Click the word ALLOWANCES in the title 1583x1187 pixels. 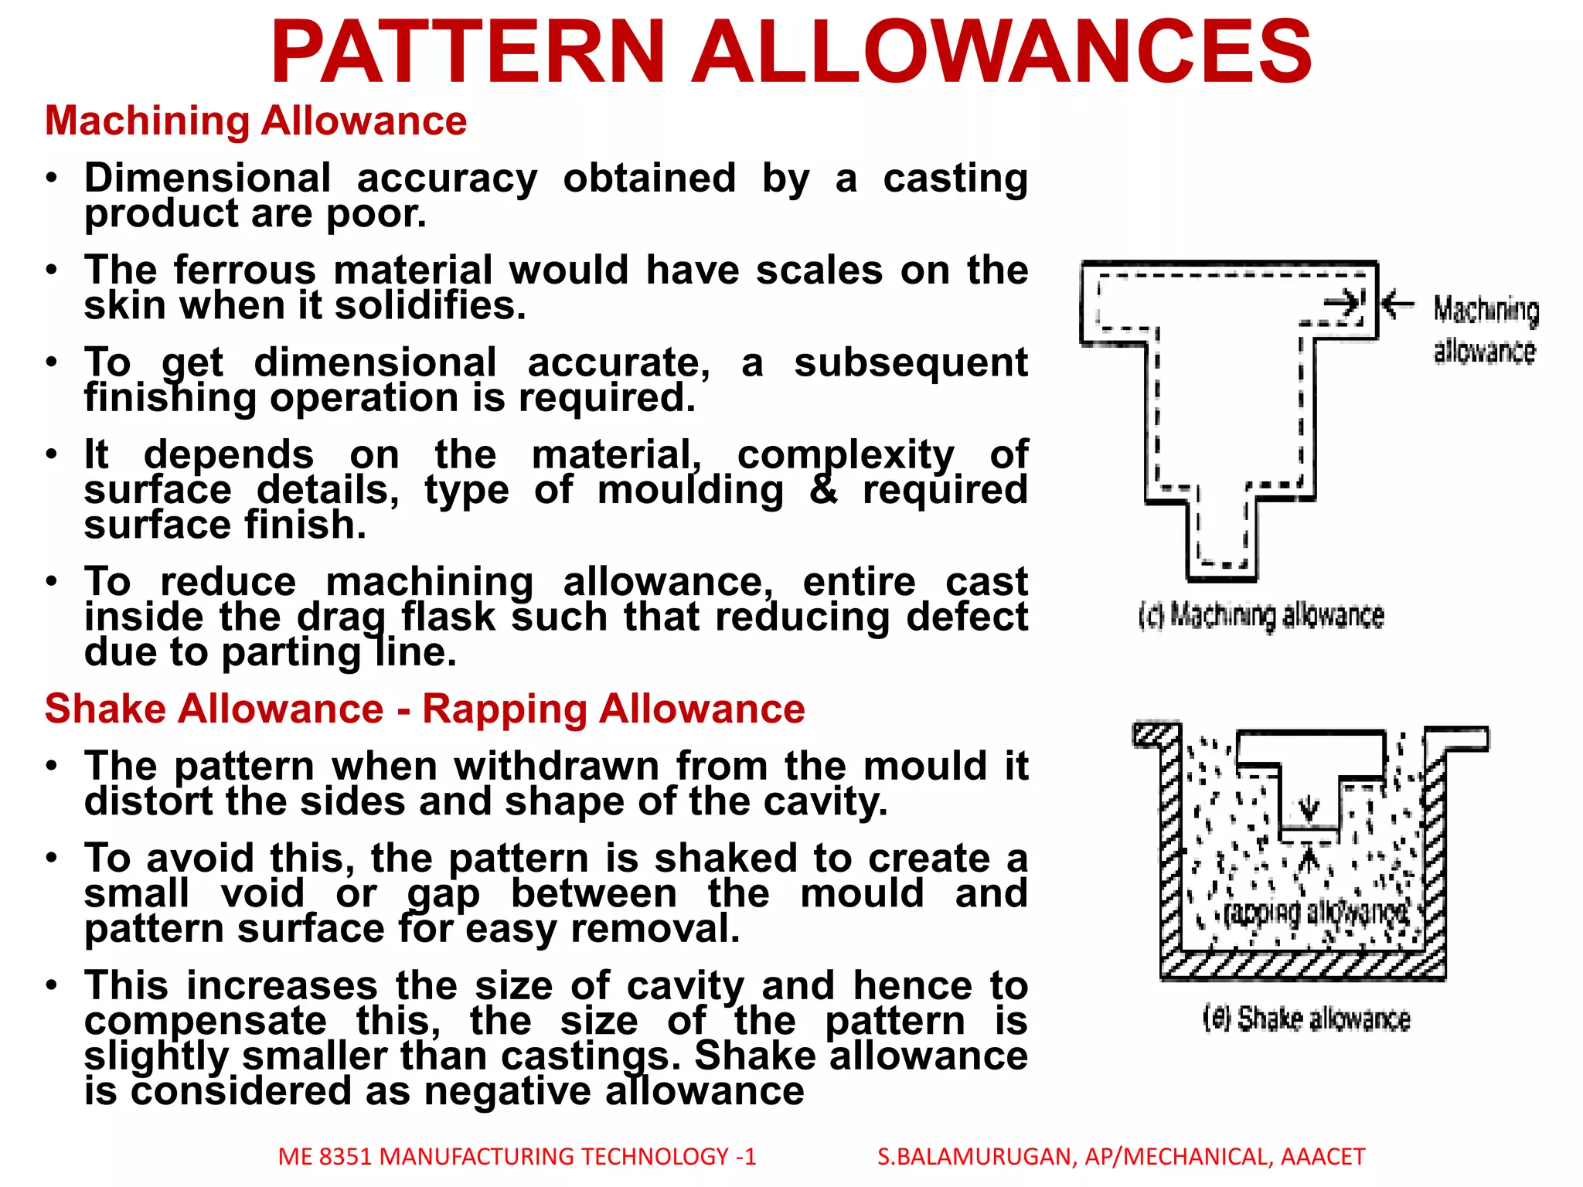click(x=1001, y=52)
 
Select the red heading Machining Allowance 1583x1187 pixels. click(x=256, y=121)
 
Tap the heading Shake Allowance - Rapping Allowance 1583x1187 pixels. click(x=424, y=709)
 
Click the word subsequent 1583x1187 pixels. click(x=911, y=362)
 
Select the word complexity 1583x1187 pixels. click(x=846, y=454)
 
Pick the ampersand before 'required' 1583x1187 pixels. click(x=823, y=490)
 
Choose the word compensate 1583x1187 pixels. click(x=206, y=1021)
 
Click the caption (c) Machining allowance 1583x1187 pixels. click(x=1261, y=616)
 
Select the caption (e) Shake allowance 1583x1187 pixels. click(x=1306, y=1019)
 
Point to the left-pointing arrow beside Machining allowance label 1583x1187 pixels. click(x=1397, y=304)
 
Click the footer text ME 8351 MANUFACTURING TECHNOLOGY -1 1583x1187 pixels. click(x=517, y=1157)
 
